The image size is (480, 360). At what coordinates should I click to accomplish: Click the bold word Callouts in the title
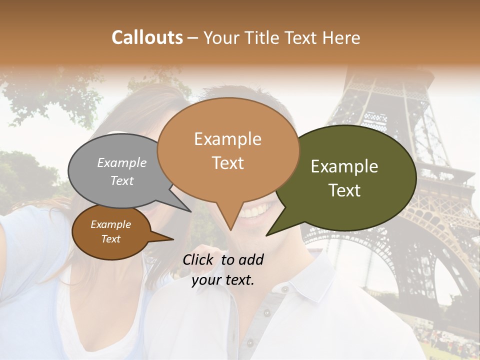(147, 37)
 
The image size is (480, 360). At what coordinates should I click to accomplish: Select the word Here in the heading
(342, 37)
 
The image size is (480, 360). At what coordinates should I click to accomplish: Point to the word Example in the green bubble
(344, 166)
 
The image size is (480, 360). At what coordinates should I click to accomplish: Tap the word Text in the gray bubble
(122, 180)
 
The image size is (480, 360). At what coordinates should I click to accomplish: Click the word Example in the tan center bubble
(228, 139)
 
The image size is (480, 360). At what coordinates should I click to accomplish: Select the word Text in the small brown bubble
(111, 239)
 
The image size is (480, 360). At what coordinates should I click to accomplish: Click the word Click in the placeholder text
(199, 259)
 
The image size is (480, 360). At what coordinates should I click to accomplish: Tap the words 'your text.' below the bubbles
(223, 280)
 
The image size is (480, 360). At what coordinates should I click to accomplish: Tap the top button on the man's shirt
(284, 289)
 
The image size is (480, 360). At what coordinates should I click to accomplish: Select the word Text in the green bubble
(345, 190)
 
